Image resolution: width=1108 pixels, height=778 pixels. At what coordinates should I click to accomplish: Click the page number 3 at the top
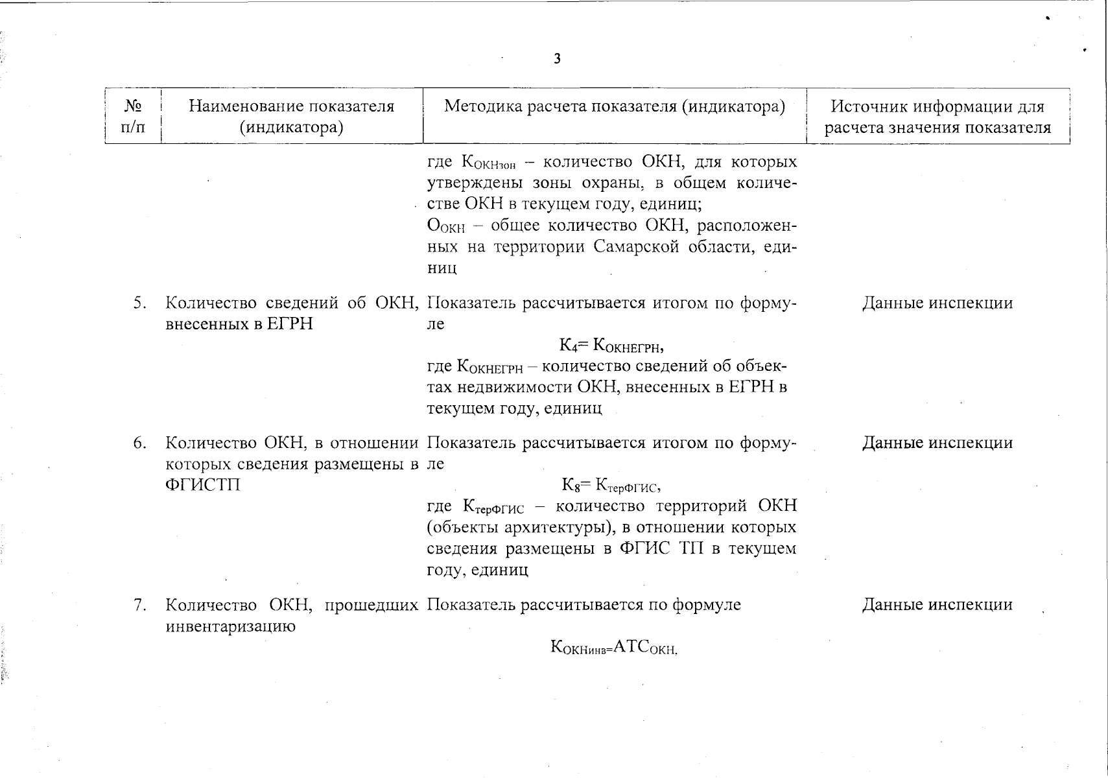click(x=557, y=59)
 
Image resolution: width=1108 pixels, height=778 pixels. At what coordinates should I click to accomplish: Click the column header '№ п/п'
click(x=133, y=116)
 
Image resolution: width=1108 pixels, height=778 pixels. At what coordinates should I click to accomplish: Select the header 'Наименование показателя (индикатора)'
click(x=291, y=116)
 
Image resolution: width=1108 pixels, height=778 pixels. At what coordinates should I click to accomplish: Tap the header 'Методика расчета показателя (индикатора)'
click(x=614, y=106)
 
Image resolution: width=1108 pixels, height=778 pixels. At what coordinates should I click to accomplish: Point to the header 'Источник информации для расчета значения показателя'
click(x=937, y=116)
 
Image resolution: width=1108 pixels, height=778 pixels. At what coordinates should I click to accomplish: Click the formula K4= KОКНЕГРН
click(x=611, y=345)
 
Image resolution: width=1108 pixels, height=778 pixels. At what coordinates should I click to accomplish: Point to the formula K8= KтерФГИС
click(x=611, y=485)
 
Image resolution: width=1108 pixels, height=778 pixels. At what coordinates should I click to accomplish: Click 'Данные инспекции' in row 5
click(x=937, y=303)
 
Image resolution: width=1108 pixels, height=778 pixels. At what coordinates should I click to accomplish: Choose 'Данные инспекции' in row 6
click(x=937, y=443)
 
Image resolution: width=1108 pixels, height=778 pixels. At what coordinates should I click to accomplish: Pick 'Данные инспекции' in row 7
click(x=937, y=605)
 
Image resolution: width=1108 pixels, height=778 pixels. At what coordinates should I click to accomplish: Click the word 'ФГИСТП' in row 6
click(x=203, y=485)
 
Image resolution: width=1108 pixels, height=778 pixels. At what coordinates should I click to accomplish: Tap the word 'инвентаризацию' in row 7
click(x=231, y=626)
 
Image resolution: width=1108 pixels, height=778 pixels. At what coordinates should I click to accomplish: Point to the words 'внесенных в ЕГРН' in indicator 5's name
click(x=239, y=324)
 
